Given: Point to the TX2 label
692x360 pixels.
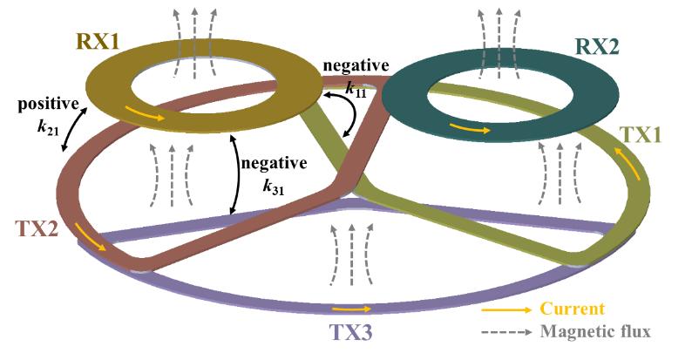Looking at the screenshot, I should tap(37, 228).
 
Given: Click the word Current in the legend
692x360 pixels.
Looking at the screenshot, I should tap(572, 309).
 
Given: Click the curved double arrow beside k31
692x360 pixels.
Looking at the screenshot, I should tap(234, 173).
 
